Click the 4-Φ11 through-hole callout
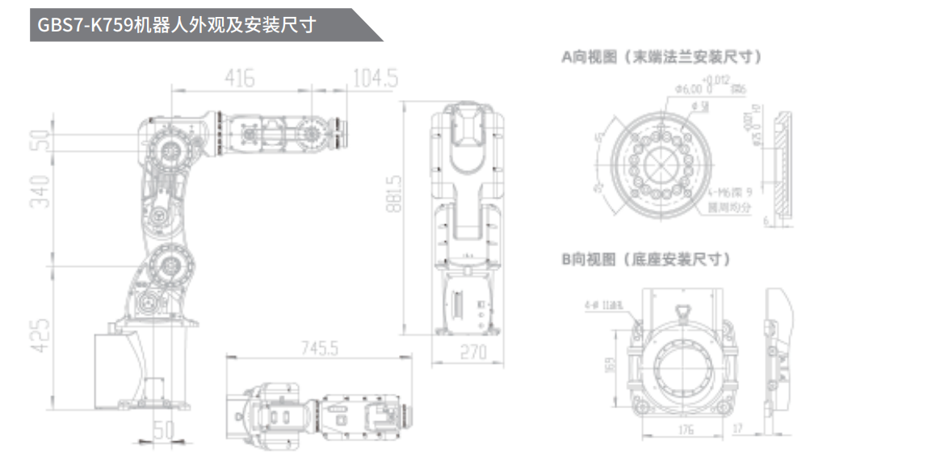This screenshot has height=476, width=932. (605, 306)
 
